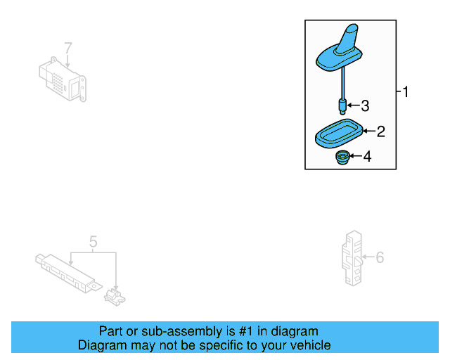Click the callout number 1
(405, 91)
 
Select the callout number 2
(381, 131)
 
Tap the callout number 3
(365, 106)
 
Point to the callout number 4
(367, 156)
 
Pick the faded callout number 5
(93, 243)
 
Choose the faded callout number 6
(380, 258)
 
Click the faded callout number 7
(68, 48)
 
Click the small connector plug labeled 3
(342, 107)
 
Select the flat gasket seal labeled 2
(338, 134)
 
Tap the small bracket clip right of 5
(115, 295)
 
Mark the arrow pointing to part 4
(355, 156)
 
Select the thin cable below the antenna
(342, 86)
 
